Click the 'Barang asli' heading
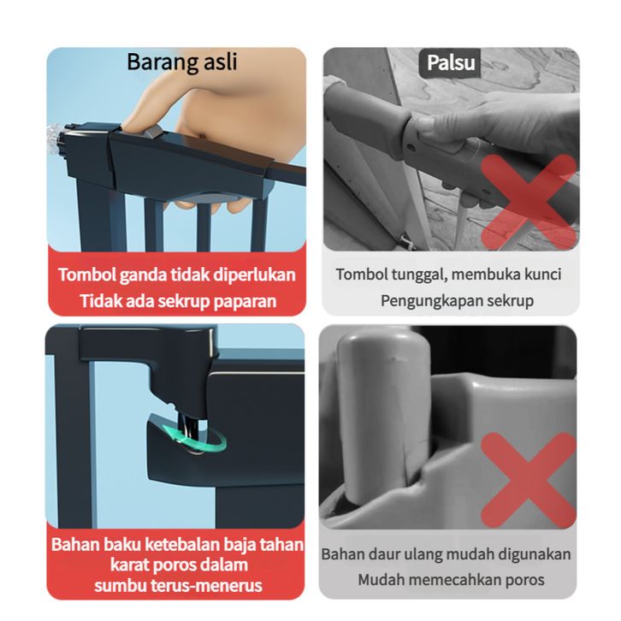[x=182, y=62]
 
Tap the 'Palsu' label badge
[x=450, y=62]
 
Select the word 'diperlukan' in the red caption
[x=254, y=275]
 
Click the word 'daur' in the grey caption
[x=384, y=554]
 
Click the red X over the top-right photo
[x=529, y=202]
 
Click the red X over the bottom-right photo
[x=529, y=480]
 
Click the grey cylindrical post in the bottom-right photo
[x=382, y=416]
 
